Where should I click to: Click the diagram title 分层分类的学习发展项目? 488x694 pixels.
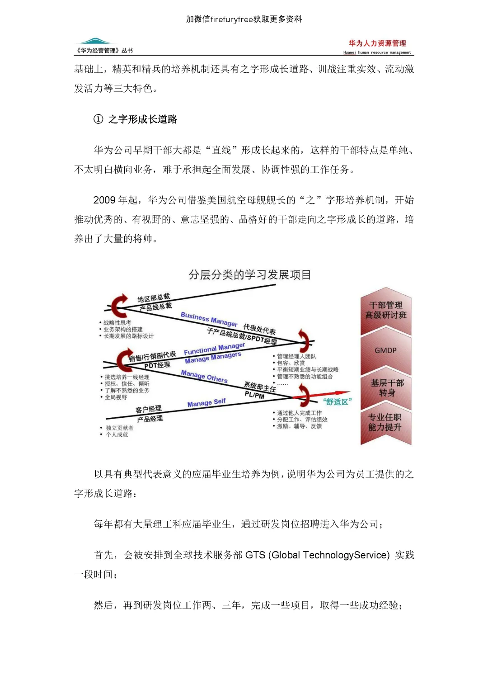(x=250, y=275)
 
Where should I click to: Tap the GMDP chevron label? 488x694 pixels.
(x=385, y=350)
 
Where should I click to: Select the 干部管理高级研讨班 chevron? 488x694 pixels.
(x=386, y=310)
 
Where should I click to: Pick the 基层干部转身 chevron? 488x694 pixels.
(x=387, y=387)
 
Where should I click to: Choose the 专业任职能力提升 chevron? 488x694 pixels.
(x=385, y=422)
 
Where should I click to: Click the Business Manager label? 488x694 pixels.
(x=209, y=319)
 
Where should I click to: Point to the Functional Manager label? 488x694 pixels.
(x=214, y=349)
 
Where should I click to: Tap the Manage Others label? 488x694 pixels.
(x=204, y=376)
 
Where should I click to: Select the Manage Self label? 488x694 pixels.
(x=206, y=402)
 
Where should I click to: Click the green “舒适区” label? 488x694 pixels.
(x=337, y=402)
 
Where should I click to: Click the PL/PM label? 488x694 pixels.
(x=254, y=395)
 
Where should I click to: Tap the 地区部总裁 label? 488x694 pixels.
(x=154, y=298)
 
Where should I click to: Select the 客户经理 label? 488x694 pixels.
(x=148, y=409)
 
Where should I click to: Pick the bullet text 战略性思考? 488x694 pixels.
(x=117, y=323)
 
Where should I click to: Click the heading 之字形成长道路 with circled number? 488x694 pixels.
(x=136, y=119)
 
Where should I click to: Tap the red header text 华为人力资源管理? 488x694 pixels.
(x=377, y=43)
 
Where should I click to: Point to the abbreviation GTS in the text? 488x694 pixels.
(x=255, y=555)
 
